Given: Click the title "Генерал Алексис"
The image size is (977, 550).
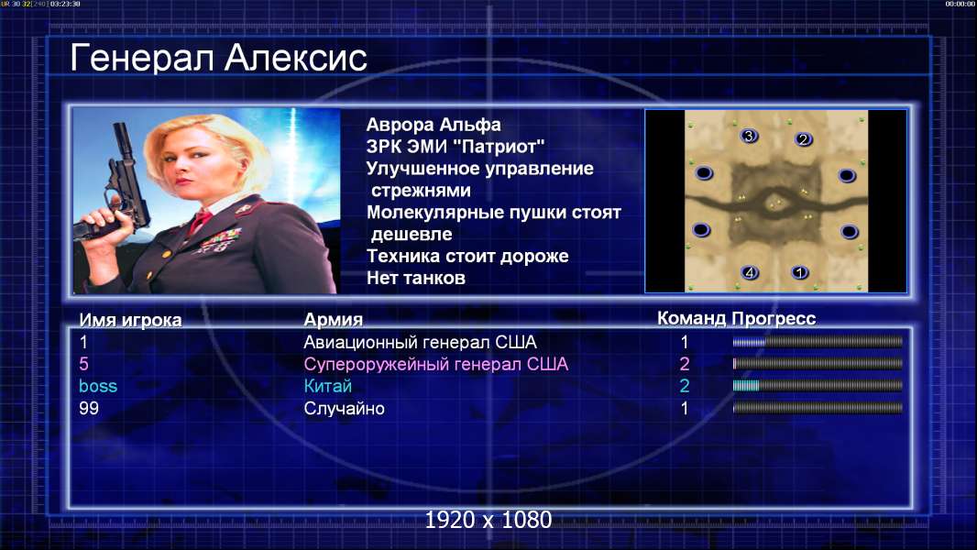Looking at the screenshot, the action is pyautogui.click(x=218, y=58).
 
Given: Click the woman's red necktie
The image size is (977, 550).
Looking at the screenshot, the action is pyautogui.click(x=201, y=220).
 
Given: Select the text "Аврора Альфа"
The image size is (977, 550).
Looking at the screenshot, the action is pyautogui.click(x=433, y=125).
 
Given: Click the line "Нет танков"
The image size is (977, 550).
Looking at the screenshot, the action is pyautogui.click(x=415, y=278).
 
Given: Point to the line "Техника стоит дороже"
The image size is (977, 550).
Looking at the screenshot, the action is pyautogui.click(x=467, y=256).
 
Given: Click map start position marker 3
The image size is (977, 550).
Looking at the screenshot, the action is pyautogui.click(x=749, y=136).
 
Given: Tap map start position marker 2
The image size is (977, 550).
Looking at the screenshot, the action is pyautogui.click(x=803, y=139).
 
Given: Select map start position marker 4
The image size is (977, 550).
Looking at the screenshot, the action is pyautogui.click(x=750, y=272).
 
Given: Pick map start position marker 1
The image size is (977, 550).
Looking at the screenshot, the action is pyautogui.click(x=799, y=272).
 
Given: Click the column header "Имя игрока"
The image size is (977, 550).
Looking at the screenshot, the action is pyautogui.click(x=130, y=320).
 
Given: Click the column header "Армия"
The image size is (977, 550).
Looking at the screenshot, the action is pyautogui.click(x=333, y=320).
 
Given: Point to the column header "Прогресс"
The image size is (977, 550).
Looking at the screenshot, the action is pyautogui.click(x=774, y=319).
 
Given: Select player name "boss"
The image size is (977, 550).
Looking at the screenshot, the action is pyautogui.click(x=98, y=386).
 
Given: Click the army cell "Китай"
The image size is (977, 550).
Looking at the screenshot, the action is pyautogui.click(x=328, y=386).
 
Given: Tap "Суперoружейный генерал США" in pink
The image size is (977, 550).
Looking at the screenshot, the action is pyautogui.click(x=435, y=364).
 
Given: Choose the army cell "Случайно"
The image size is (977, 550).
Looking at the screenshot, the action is pyautogui.click(x=344, y=409).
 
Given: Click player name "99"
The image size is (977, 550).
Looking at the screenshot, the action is pyautogui.click(x=89, y=409).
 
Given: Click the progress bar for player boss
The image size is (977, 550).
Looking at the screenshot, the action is pyautogui.click(x=818, y=386).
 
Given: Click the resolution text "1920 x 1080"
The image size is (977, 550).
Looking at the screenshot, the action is pyautogui.click(x=488, y=520).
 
